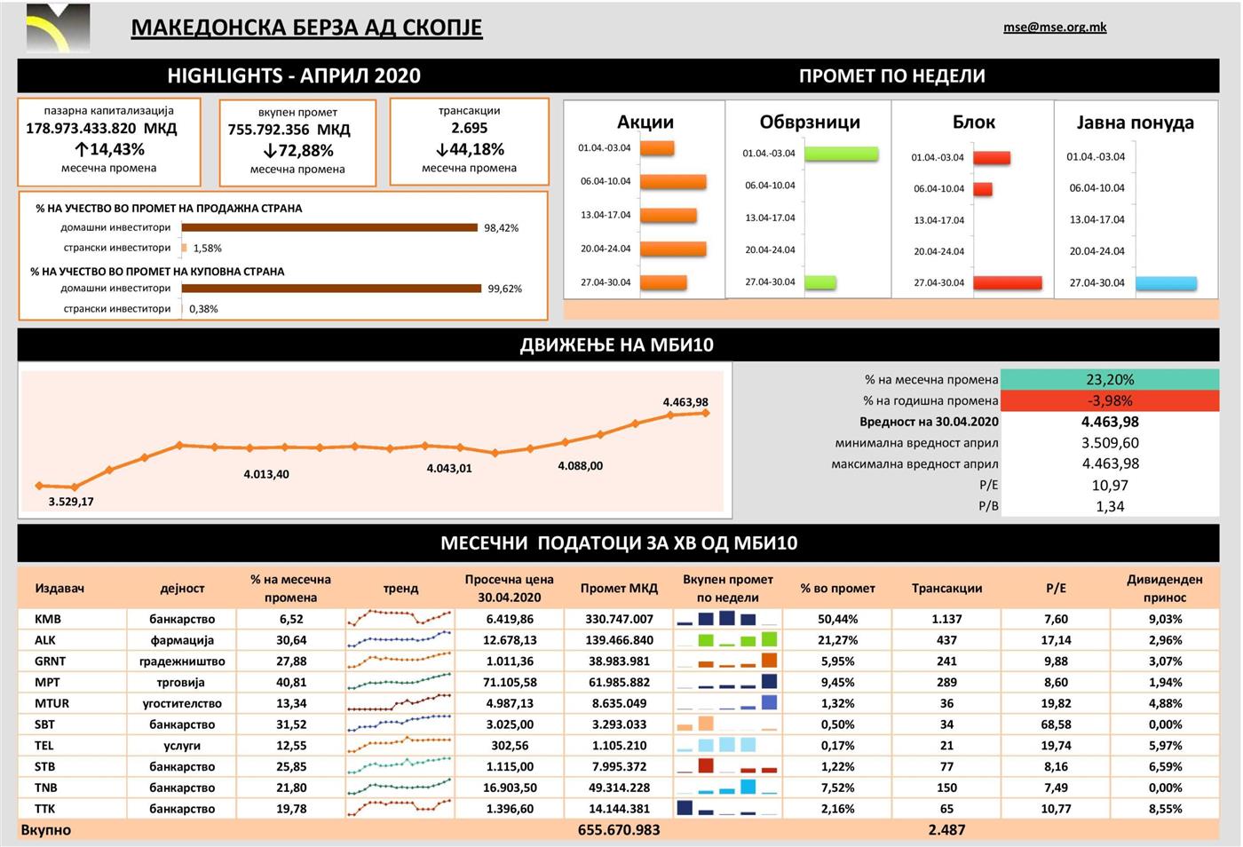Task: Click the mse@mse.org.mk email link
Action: pyautogui.click(x=1055, y=28)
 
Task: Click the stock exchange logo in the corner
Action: pyautogui.click(x=58, y=28)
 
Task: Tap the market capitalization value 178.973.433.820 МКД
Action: pyautogui.click(x=101, y=129)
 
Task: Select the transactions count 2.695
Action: pyautogui.click(x=469, y=129)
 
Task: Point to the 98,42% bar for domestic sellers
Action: pyautogui.click(x=329, y=228)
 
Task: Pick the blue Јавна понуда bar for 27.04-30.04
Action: pyautogui.click(x=1166, y=283)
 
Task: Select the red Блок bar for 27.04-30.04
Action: pyautogui.click(x=1007, y=283)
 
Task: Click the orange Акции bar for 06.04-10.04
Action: pyautogui.click(x=672, y=182)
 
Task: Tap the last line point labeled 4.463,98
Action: pyautogui.click(x=706, y=413)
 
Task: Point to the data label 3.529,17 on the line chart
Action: pyautogui.click(x=71, y=502)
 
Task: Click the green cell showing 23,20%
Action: pyautogui.click(x=1109, y=380)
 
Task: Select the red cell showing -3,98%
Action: pyautogui.click(x=1109, y=401)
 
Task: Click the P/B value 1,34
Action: pyautogui.click(x=1109, y=507)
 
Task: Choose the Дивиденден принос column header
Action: pyautogui.click(x=1164, y=588)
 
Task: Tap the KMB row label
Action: pyautogui.click(x=48, y=619)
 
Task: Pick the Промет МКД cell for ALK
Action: pyautogui.click(x=619, y=640)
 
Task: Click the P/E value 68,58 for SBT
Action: pyautogui.click(x=1056, y=724)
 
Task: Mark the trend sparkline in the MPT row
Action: pyautogui.click(x=400, y=683)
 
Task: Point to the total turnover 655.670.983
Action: pyautogui.click(x=619, y=830)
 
